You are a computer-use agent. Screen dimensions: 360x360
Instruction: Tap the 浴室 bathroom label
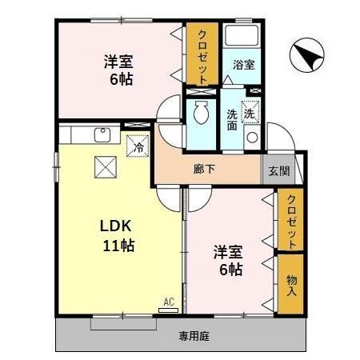point(245,65)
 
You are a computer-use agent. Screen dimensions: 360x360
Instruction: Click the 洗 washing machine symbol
point(250,114)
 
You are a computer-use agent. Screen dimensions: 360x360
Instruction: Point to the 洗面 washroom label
point(232,119)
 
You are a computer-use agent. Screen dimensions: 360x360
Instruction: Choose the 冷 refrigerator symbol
point(138,146)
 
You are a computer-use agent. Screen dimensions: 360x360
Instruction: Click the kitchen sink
point(102,134)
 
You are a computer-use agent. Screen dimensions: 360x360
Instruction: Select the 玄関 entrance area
point(278,170)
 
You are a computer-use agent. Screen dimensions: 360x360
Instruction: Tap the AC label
point(168,301)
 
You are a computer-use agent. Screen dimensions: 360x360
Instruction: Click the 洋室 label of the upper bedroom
point(117,62)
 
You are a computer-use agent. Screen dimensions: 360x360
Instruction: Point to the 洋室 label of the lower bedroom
point(227,253)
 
